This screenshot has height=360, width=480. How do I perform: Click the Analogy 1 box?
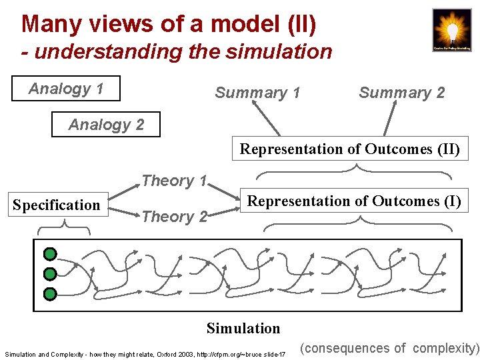tap(66, 89)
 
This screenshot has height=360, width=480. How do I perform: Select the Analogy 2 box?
tap(106, 125)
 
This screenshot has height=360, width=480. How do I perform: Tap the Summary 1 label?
tap(257, 93)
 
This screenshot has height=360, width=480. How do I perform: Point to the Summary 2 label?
tap(401, 93)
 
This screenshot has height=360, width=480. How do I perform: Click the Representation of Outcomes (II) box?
tap(349, 149)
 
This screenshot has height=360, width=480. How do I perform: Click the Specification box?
tap(56, 205)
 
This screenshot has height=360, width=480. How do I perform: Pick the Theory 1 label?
tap(174, 181)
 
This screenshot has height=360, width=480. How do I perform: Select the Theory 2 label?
tap(174, 217)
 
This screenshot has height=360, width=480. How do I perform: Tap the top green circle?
tap(50, 254)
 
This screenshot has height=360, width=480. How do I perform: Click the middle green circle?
tap(50, 274)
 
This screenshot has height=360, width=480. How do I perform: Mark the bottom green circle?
tap(50, 294)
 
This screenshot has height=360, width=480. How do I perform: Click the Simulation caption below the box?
tap(243, 328)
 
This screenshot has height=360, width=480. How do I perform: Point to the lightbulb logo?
tap(451, 29)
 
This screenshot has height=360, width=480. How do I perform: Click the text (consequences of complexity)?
tap(389, 348)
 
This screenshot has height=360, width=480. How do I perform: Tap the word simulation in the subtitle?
tap(278, 51)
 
